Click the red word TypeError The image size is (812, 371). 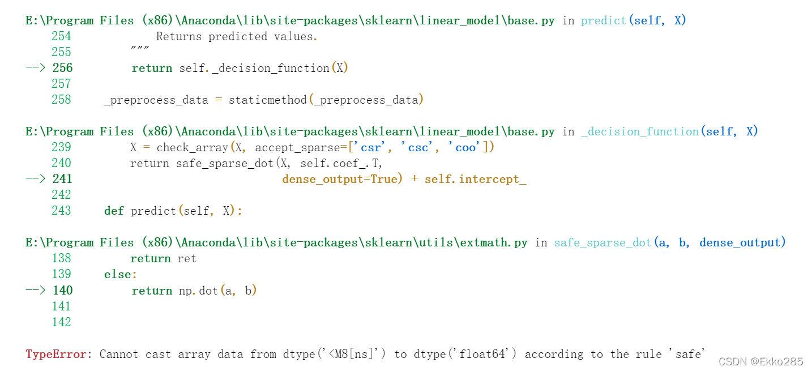click(55, 354)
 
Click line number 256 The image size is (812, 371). click(62, 68)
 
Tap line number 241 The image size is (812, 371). click(62, 179)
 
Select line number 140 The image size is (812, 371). click(62, 290)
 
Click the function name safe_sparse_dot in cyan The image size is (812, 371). click(602, 242)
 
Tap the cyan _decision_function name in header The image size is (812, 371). click(640, 131)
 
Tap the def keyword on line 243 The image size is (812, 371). click(114, 211)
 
